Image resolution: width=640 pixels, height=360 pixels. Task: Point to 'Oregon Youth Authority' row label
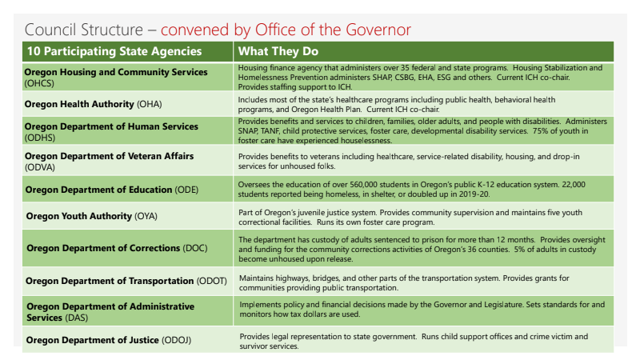pos(86,216)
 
